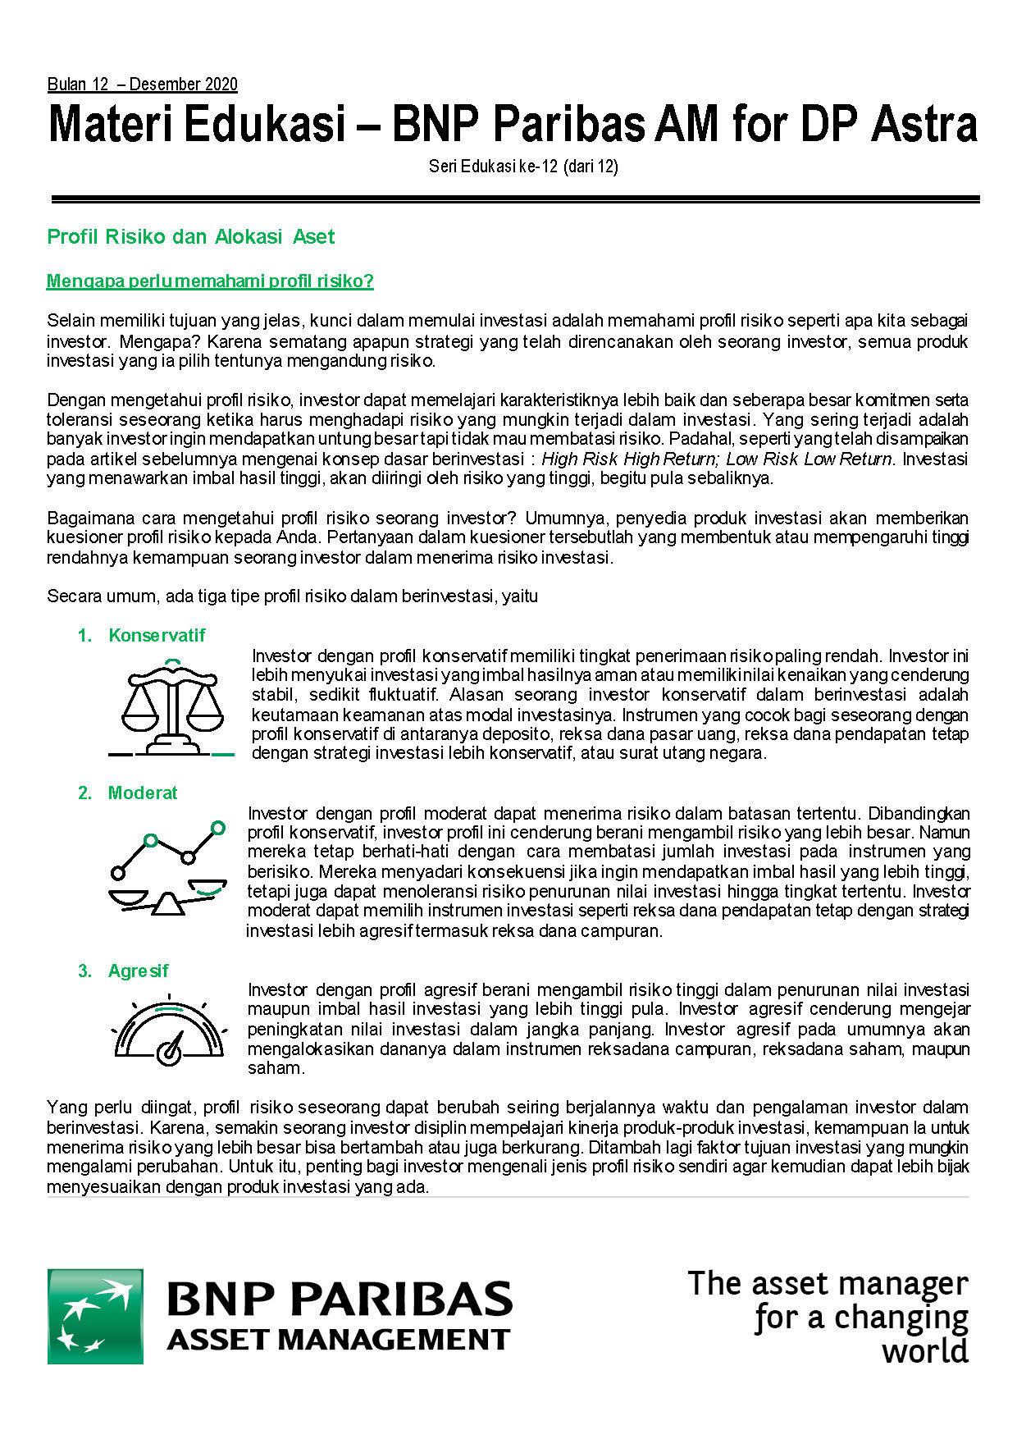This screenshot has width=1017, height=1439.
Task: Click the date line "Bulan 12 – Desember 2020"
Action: point(142,85)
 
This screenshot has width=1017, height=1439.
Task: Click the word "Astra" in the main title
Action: point(924,125)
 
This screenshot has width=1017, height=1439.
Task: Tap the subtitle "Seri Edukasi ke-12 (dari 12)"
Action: point(523,167)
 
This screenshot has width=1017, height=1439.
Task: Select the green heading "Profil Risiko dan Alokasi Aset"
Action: point(190,237)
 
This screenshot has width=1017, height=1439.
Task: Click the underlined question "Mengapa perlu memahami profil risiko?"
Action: point(210,281)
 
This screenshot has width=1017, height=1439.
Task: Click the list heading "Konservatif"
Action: point(157,635)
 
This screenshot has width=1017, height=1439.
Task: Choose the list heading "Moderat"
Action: point(143,793)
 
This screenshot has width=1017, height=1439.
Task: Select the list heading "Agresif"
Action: point(138,971)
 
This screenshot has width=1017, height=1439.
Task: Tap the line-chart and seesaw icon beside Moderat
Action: point(169,867)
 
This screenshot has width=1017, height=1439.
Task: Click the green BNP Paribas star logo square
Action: point(95,1317)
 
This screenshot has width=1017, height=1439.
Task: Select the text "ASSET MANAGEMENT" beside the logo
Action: point(338,1341)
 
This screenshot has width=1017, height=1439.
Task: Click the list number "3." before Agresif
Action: point(85,971)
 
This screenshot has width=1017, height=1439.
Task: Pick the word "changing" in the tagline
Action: point(901,1318)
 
